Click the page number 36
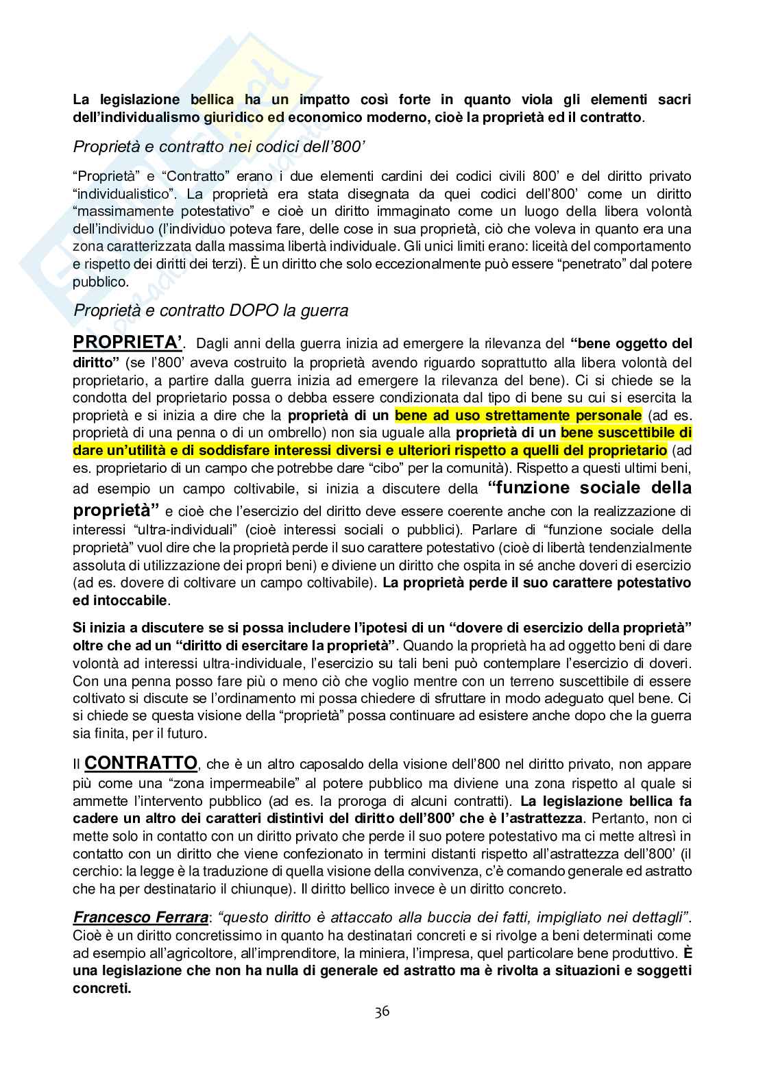(x=382, y=1011)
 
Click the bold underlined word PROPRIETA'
(x=128, y=343)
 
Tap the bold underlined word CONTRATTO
(x=141, y=763)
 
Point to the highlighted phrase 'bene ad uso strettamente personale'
(x=519, y=415)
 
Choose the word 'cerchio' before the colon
(x=93, y=872)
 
